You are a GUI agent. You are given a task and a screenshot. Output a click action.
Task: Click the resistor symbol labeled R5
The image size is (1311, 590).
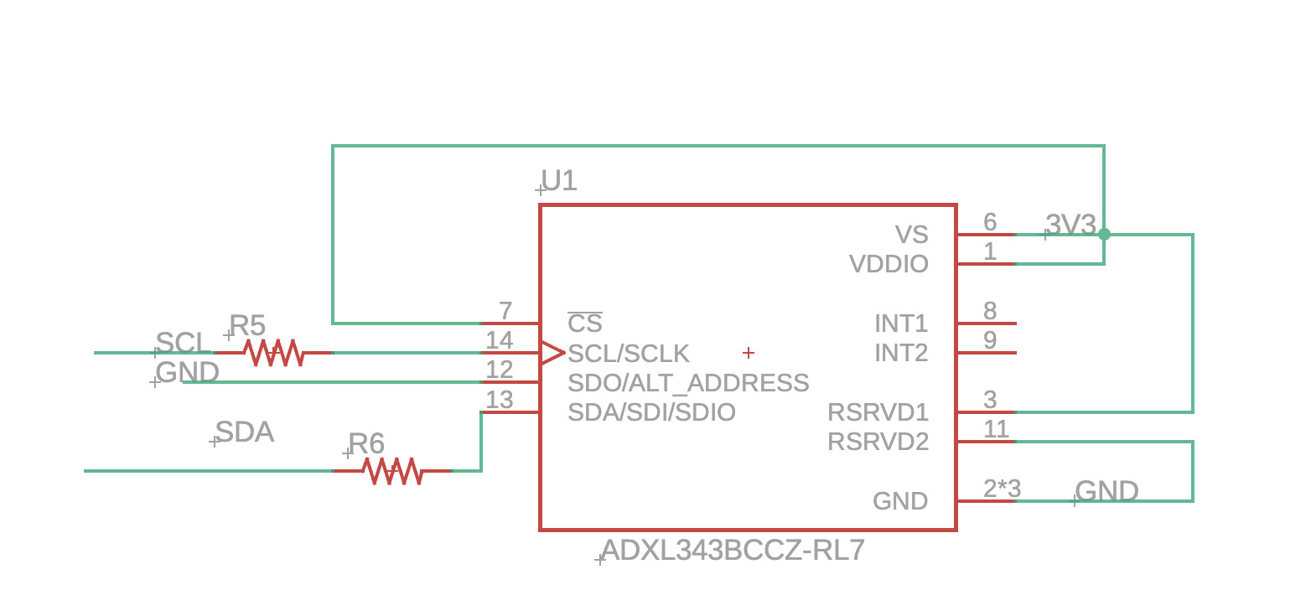[273, 353]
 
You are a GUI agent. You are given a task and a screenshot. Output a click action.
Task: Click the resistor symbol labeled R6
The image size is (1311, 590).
[392, 471]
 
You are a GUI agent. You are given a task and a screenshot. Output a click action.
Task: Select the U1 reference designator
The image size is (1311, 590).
[559, 180]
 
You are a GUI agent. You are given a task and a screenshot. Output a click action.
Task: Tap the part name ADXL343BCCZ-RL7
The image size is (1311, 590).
[733, 551]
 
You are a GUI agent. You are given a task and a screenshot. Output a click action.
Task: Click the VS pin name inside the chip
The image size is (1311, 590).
[911, 235]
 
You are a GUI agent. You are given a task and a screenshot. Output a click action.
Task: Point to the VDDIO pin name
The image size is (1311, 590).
[889, 264]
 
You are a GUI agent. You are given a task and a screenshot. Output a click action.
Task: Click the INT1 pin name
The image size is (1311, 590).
[901, 323]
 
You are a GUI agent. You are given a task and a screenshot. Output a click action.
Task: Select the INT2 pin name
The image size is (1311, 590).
[901, 353]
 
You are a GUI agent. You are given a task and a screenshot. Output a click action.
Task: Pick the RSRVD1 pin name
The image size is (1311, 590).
[878, 412]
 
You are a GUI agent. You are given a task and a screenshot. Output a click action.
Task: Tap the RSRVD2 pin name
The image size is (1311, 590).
[878, 442]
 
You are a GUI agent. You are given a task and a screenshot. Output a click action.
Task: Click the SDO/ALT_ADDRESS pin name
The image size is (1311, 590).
[688, 383]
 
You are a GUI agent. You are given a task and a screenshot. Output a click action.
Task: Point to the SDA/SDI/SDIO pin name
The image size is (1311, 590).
[651, 412]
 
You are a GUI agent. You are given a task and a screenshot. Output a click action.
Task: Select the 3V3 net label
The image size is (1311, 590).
[1070, 225]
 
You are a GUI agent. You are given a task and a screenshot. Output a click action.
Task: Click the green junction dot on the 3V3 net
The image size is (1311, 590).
[1104, 235]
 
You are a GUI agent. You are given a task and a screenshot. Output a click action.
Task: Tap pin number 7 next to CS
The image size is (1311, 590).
[505, 311]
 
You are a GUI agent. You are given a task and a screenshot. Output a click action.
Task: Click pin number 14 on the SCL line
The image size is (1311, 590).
[500, 340]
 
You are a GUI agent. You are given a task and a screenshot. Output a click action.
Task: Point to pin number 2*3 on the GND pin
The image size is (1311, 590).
[1002, 489]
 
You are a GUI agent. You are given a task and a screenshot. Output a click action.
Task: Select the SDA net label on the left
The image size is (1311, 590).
[245, 432]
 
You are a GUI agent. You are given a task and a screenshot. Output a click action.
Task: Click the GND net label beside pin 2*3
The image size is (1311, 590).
[1106, 491]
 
